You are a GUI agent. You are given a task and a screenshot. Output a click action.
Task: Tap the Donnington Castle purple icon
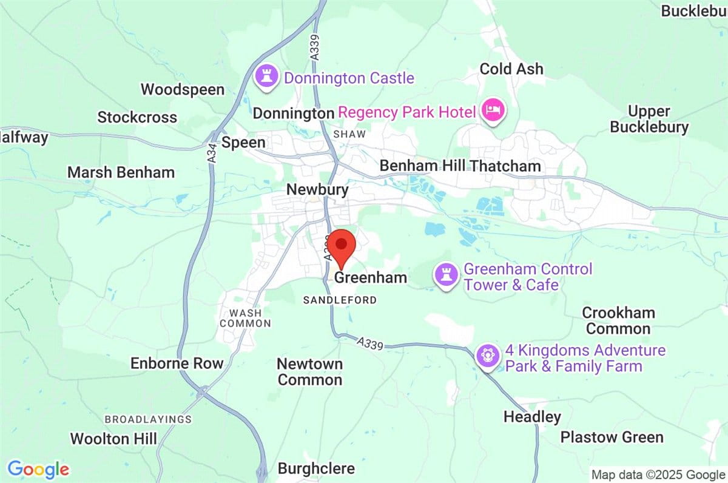[265, 77]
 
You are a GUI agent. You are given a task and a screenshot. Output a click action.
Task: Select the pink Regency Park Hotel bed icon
[491, 111]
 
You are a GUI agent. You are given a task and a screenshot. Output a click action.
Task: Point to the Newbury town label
[317, 190]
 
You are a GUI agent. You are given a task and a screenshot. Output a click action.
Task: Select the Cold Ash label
[511, 69]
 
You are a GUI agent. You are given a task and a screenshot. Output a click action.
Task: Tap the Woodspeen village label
[183, 90]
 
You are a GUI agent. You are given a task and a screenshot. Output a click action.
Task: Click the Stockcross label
[137, 117]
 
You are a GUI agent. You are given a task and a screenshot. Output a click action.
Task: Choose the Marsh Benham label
[121, 172]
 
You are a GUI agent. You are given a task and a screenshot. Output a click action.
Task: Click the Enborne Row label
[177, 363]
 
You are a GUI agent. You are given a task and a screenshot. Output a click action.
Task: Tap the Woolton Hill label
[113, 439]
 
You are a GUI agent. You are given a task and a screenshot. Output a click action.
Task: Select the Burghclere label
[316, 469]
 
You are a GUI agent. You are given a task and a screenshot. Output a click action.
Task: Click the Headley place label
[532, 417]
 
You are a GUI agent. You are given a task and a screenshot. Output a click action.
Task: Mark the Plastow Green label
[612, 437]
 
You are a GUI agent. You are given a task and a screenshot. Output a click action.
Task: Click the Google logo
[38, 469]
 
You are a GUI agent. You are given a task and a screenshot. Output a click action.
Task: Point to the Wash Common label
[245, 318]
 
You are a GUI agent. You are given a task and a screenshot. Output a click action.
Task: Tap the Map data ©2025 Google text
[658, 475]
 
